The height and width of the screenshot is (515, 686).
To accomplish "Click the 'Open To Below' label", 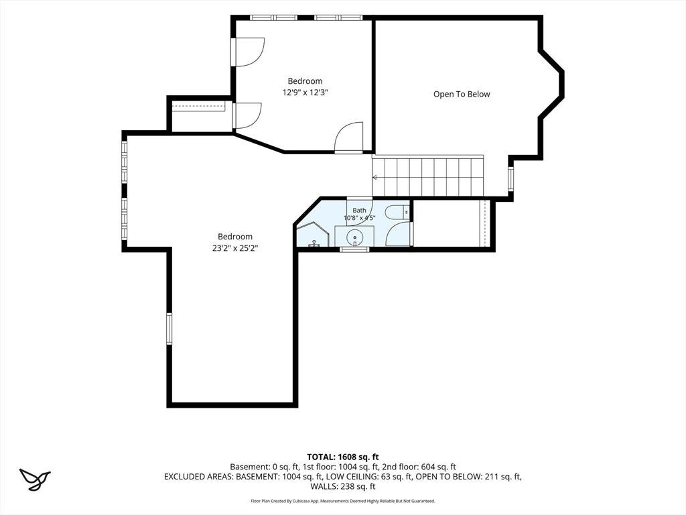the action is click(462, 94).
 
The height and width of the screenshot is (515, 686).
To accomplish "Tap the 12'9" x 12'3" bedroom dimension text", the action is click(305, 93).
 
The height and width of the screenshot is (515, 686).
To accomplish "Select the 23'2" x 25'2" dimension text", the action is click(235, 248).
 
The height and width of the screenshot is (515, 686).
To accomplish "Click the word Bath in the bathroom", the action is click(359, 210).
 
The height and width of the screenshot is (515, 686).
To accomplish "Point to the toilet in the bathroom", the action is click(397, 212).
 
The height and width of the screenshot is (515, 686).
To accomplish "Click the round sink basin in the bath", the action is click(354, 238).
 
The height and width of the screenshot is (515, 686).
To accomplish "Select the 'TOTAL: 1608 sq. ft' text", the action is click(342, 457).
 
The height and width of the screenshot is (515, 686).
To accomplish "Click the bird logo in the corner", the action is click(35, 479).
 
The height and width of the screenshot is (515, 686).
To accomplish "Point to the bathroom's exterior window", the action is click(354, 249).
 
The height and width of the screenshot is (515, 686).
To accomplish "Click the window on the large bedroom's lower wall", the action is click(169, 329).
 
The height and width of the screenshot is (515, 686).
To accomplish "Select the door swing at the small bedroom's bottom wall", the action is click(348, 137).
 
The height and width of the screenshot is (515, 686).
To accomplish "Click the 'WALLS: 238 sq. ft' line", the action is click(342, 486).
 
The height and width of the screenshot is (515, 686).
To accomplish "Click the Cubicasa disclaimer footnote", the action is click(342, 501).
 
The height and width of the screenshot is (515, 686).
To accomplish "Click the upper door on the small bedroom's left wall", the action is click(248, 52).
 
